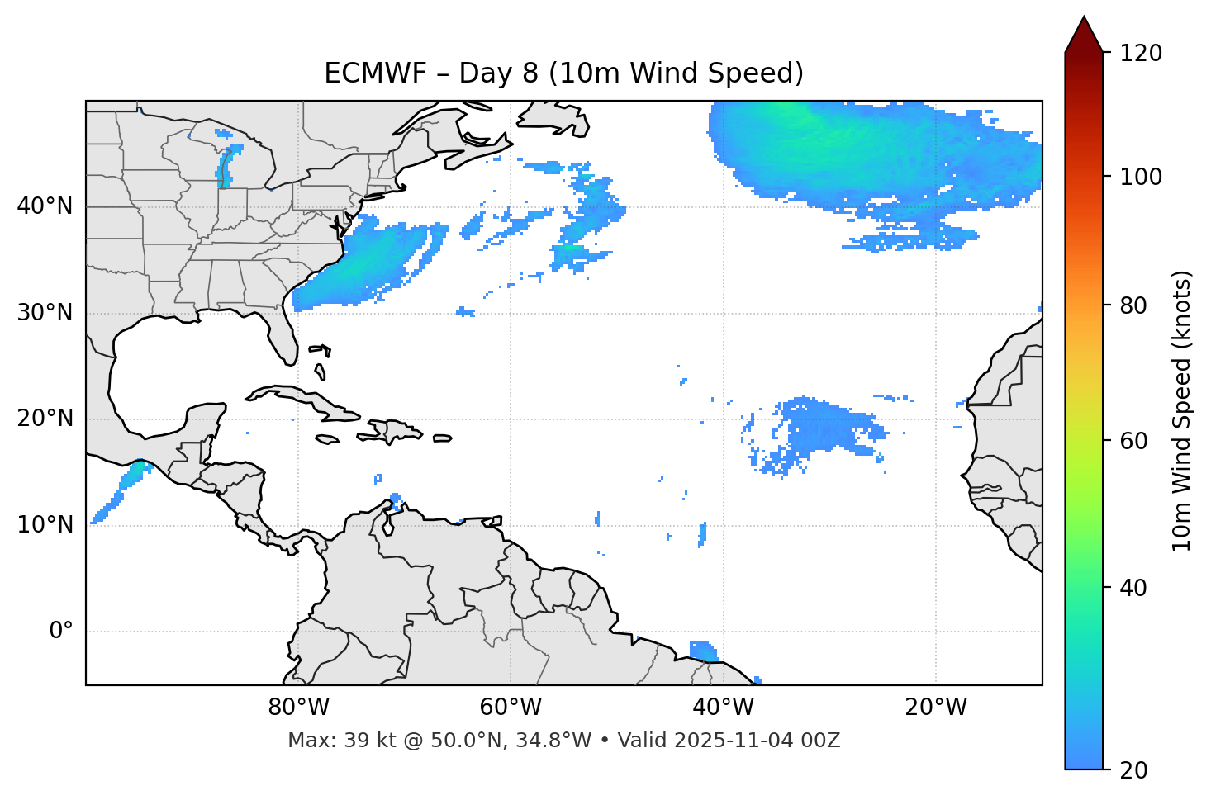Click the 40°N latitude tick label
click(x=45, y=206)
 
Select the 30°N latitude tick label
click(x=45, y=313)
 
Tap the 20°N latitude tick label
click(x=45, y=419)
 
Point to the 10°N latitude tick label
click(x=45, y=525)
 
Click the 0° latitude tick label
click(x=61, y=632)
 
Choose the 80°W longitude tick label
click(x=298, y=708)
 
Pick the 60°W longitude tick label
click(x=511, y=708)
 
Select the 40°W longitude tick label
click(x=723, y=708)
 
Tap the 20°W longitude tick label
click(x=936, y=708)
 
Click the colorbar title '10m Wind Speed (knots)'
click(x=1183, y=411)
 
